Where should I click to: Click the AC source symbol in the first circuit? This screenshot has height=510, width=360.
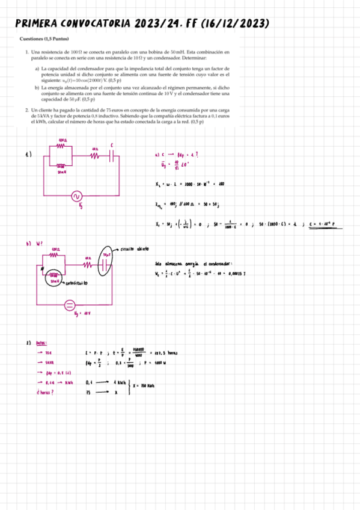[x=76, y=195]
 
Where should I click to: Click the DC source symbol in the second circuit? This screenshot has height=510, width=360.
[x=70, y=304]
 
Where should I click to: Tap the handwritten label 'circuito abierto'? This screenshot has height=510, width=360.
[x=136, y=248]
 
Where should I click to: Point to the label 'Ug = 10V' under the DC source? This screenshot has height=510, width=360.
[x=82, y=314]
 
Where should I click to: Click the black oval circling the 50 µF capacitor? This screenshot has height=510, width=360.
[x=107, y=262]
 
